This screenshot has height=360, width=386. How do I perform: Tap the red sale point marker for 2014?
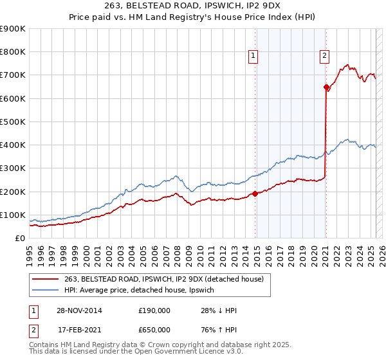[255, 193]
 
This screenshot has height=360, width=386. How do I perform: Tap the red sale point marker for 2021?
[326, 87]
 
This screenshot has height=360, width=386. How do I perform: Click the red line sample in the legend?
[46, 278]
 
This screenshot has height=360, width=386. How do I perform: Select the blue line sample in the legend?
[46, 290]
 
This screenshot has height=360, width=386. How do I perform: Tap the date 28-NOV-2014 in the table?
[80, 310]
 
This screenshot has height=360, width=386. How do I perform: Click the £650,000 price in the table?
[154, 330]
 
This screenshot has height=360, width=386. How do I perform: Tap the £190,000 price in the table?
[154, 310]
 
